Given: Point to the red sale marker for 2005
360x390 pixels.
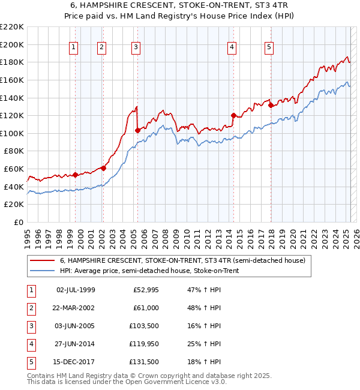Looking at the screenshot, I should (x=137, y=130).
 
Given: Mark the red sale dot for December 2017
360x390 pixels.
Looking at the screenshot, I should (x=271, y=105).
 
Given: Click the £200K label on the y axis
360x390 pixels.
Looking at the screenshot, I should (x=12, y=44).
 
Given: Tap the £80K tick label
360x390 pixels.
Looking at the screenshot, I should (x=14, y=151).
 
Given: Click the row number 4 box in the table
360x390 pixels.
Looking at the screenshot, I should (x=30, y=344).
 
